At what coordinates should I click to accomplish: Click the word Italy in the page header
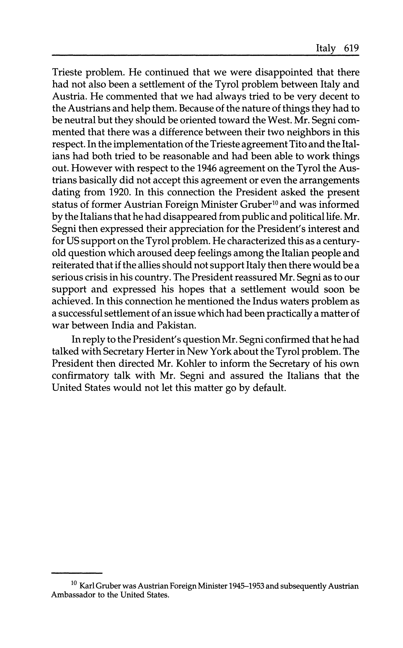pos(326,49)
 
